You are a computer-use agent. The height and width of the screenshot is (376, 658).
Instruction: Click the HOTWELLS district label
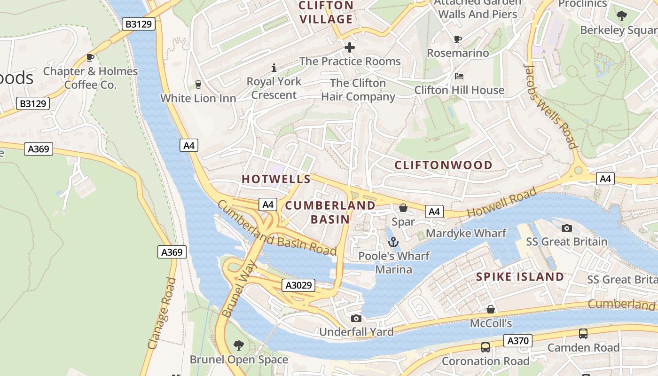point(276,179)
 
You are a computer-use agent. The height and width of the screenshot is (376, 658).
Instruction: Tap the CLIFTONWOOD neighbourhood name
point(443,165)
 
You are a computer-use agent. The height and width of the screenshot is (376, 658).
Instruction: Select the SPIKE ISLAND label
point(520,277)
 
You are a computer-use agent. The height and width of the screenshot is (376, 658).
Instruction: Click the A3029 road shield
point(298,285)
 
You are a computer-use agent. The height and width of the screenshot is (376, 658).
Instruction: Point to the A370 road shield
point(518,341)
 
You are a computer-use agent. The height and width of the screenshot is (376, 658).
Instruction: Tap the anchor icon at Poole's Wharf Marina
point(393,242)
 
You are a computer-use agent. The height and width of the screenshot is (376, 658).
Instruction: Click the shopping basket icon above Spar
point(403,208)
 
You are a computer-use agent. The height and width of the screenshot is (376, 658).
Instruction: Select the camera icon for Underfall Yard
point(356,318)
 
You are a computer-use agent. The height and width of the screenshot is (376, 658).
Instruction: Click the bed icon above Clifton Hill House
point(459,76)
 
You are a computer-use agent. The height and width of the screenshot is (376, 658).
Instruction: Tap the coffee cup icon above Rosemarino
point(458,39)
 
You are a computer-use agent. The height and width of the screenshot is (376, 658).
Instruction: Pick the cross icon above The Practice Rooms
point(350,47)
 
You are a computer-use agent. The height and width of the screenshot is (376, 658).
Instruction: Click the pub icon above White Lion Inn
point(198,85)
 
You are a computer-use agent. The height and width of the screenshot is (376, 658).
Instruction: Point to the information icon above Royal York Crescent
point(274,68)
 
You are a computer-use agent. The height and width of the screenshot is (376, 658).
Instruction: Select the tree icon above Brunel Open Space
point(239,345)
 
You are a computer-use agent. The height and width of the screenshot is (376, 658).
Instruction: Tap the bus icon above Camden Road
point(583,334)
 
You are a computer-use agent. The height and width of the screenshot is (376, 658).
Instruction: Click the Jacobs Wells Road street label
point(550,106)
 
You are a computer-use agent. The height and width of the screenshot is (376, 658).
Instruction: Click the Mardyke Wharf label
point(466,233)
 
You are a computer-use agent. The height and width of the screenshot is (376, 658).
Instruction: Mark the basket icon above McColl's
point(491,309)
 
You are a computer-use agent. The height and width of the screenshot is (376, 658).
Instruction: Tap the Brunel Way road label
point(239,289)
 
